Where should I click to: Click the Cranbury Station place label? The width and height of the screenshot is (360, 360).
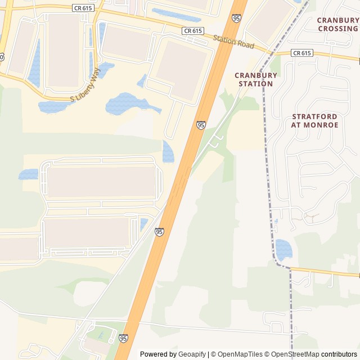pyautogui.click(x=256, y=79)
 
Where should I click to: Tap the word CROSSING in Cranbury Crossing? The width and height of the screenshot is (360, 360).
pyautogui.click(x=337, y=29)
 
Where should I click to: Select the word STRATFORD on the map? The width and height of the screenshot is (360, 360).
pyautogui.click(x=314, y=116)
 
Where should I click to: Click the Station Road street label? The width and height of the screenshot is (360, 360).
pyautogui.click(x=233, y=42)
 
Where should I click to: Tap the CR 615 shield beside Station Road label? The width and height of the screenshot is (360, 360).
pyautogui.click(x=192, y=31)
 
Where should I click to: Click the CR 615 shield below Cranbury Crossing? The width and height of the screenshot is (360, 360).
pyautogui.click(x=301, y=53)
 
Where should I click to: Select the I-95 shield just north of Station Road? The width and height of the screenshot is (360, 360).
pyautogui.click(x=236, y=19)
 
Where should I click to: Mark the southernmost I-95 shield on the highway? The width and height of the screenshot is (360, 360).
pyautogui.click(x=123, y=338)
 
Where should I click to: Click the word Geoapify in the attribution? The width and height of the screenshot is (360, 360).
pyautogui.click(x=192, y=354)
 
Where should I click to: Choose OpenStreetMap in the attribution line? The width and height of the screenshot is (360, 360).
pyautogui.click(x=296, y=354)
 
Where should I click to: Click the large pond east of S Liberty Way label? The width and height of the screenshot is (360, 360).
pyautogui.click(x=127, y=104)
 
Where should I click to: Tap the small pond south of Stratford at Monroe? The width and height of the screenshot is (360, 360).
pyautogui.click(x=283, y=249)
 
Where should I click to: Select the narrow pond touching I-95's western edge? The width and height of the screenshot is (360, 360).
pyautogui.click(x=168, y=152)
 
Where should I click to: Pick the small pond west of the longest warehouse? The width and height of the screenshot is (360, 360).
pyautogui.click(x=29, y=174)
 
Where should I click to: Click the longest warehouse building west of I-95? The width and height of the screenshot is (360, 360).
pyautogui.click(x=101, y=182)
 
